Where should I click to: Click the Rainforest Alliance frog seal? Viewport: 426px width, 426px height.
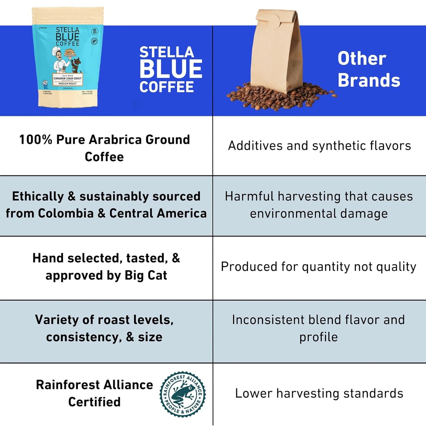pos(182,394)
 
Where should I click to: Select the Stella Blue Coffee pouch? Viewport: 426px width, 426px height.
pos(68,57)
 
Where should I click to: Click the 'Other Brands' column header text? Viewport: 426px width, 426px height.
pos(369,70)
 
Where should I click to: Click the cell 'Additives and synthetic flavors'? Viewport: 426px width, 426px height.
pos(319,146)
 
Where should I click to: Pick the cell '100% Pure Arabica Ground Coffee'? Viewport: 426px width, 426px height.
pos(104,148)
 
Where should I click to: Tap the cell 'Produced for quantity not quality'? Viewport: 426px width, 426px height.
pos(318,267)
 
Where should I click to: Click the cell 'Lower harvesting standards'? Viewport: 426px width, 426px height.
pos(319,393)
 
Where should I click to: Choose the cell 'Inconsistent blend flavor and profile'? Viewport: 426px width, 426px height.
pos(318,328)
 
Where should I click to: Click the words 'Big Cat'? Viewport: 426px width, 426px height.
pos(146,275)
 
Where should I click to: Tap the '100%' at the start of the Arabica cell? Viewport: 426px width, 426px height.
pos(36,140)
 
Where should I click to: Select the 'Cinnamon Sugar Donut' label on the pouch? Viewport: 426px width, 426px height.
pos(68,79)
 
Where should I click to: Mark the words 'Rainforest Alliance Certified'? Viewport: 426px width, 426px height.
pos(94,393)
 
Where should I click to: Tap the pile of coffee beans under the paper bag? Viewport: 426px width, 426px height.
pos(280,97)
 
